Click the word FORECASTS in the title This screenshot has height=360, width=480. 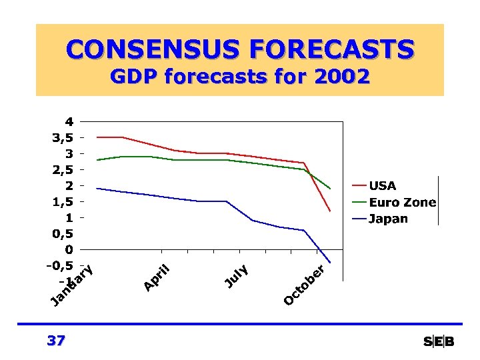point(331,49)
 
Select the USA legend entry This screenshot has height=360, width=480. point(382,185)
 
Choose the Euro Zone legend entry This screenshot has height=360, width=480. point(402,202)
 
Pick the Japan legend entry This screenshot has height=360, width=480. point(388,219)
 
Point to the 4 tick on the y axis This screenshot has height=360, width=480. point(69,121)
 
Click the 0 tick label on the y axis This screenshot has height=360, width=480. point(69,249)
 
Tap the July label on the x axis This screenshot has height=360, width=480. point(236,277)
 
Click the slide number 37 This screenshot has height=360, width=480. point(57,341)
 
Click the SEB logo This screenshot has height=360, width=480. point(439,342)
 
